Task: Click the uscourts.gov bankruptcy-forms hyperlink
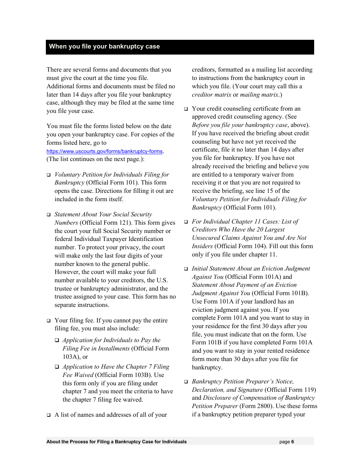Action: pos(105,152)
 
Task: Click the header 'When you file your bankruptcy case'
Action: pos(104,47)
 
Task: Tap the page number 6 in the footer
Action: pos(293,442)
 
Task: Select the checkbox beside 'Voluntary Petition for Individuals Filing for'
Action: pos(49,175)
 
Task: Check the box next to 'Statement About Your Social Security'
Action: pos(49,215)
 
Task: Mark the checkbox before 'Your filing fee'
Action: pos(49,321)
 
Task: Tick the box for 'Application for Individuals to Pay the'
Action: pos(57,341)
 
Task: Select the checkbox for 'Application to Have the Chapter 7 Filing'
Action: pos(57,367)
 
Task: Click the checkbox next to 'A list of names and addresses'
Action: pos(49,415)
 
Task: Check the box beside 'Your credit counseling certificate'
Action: pos(186,109)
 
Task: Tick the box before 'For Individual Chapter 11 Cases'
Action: pos(186,222)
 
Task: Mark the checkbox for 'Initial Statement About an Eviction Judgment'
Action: pos(186,269)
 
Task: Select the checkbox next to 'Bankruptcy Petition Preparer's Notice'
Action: pos(186,382)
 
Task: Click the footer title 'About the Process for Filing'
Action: pos(116,442)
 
